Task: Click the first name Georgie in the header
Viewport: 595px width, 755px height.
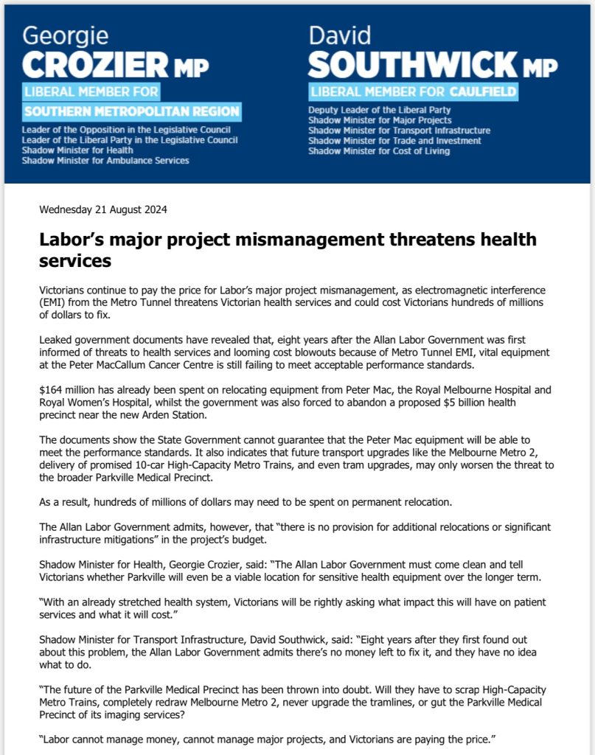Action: pos(66,36)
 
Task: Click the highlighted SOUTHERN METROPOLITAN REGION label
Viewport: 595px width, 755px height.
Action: pos(132,112)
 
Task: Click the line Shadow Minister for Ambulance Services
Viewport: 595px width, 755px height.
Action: pos(105,160)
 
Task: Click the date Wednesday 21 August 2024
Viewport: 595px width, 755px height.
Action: pos(103,209)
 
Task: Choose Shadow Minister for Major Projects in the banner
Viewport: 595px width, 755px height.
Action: pos(380,120)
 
